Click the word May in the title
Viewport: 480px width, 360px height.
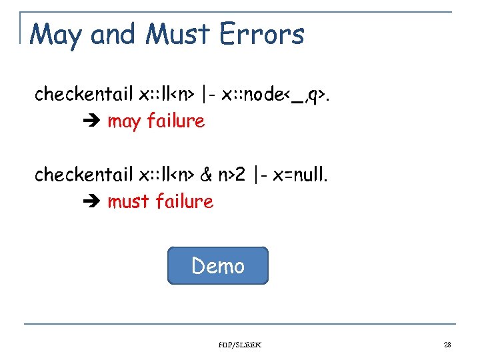coord(57,34)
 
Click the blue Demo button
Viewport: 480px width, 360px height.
coord(217,266)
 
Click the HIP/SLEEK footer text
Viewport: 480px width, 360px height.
coord(239,345)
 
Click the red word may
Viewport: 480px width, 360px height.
coord(124,121)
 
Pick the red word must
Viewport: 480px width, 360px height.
coord(129,201)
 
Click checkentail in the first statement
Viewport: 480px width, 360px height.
coord(84,95)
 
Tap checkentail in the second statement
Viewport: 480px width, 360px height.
coord(84,175)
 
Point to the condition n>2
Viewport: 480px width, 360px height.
coord(232,175)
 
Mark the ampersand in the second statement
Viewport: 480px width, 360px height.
coord(206,175)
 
